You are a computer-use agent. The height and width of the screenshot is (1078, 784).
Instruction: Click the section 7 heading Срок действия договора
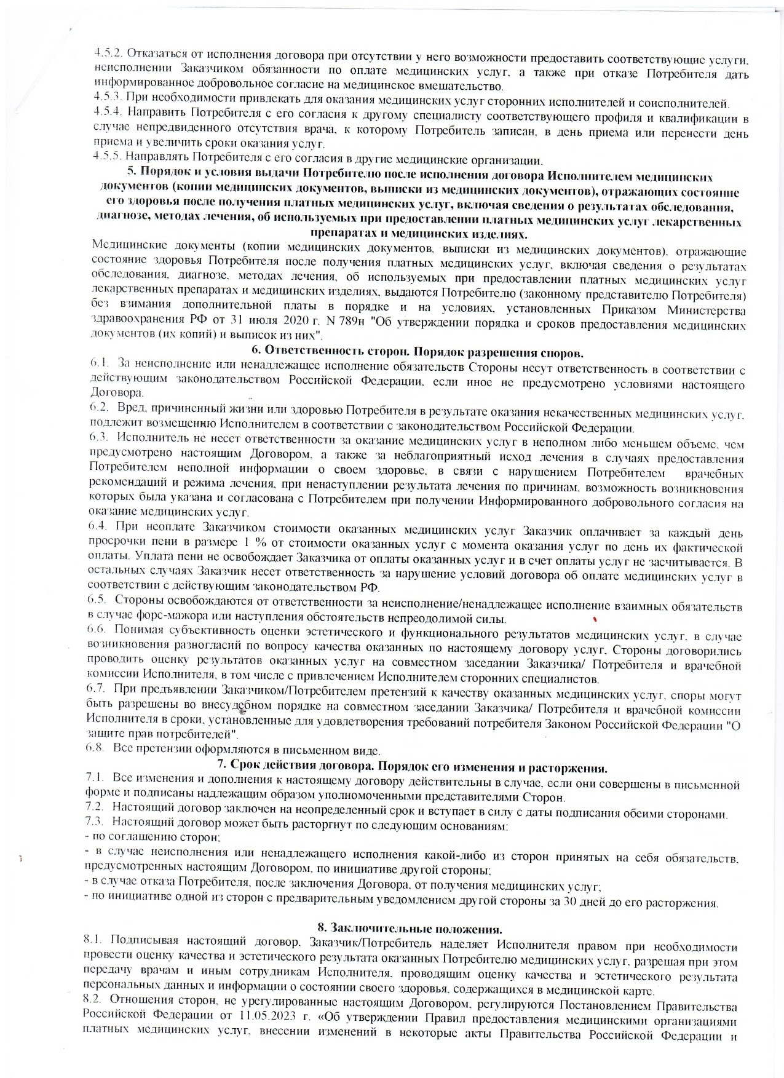tap(413, 768)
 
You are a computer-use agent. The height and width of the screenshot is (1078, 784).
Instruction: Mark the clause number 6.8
tap(98, 751)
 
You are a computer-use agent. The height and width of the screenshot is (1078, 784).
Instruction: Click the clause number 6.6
tap(98, 636)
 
